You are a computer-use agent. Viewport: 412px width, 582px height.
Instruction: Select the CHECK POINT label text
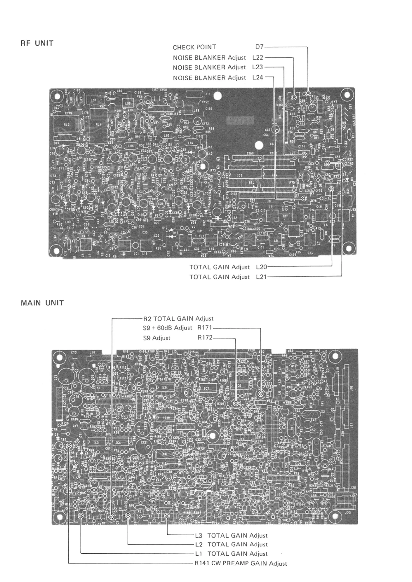tap(194, 47)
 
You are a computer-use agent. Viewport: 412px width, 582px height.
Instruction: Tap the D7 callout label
tap(259, 47)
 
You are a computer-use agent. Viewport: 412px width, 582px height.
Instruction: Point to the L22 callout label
tap(258, 58)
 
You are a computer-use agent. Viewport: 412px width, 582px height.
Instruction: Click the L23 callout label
tap(257, 67)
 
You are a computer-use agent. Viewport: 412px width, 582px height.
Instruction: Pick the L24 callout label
tap(258, 77)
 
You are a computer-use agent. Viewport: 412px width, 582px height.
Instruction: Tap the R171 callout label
tap(205, 328)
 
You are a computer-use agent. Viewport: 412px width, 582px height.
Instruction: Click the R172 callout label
tap(205, 338)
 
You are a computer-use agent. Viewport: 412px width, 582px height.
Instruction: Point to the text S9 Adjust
tap(157, 338)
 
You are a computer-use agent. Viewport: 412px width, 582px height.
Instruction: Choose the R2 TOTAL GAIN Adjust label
tap(178, 319)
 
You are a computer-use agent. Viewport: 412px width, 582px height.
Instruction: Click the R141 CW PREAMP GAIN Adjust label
tap(240, 563)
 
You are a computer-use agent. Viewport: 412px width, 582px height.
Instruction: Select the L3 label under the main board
tap(199, 536)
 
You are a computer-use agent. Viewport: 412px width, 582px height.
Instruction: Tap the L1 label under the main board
tap(199, 554)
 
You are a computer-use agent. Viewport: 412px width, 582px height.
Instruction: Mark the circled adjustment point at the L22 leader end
tap(294, 97)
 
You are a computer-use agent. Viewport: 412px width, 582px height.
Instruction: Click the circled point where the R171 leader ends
tap(260, 394)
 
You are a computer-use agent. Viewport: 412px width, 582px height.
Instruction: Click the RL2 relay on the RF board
tap(67, 125)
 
